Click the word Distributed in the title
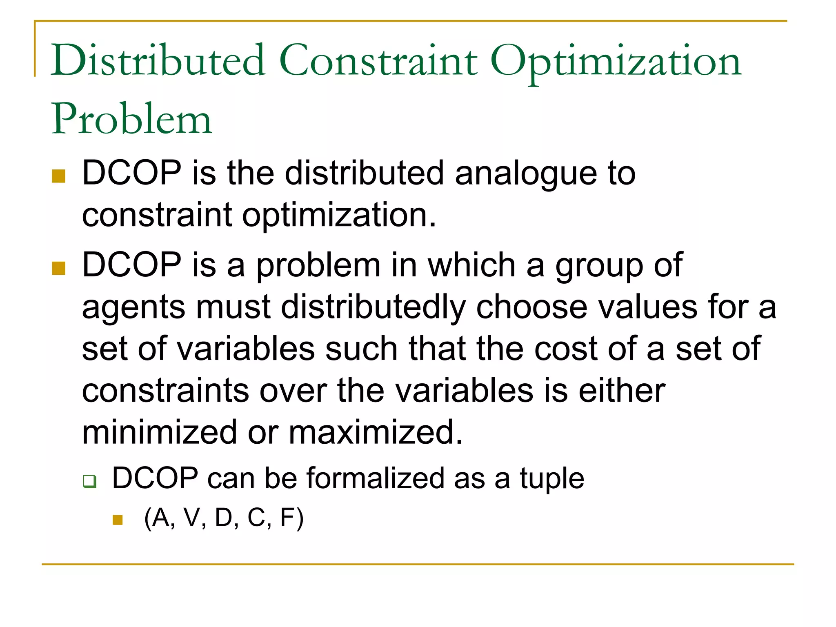pyautogui.click(x=158, y=61)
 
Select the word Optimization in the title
pyautogui.click(x=615, y=62)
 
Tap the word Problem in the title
pyautogui.click(x=131, y=119)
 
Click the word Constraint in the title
pyautogui.click(x=378, y=61)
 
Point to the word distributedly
pyautogui.click(x=373, y=307)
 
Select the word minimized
pyautogui.click(x=160, y=432)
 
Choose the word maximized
pyautogui.click(x=376, y=432)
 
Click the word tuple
pyautogui.click(x=551, y=478)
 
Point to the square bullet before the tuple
pyautogui.click(x=118, y=520)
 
